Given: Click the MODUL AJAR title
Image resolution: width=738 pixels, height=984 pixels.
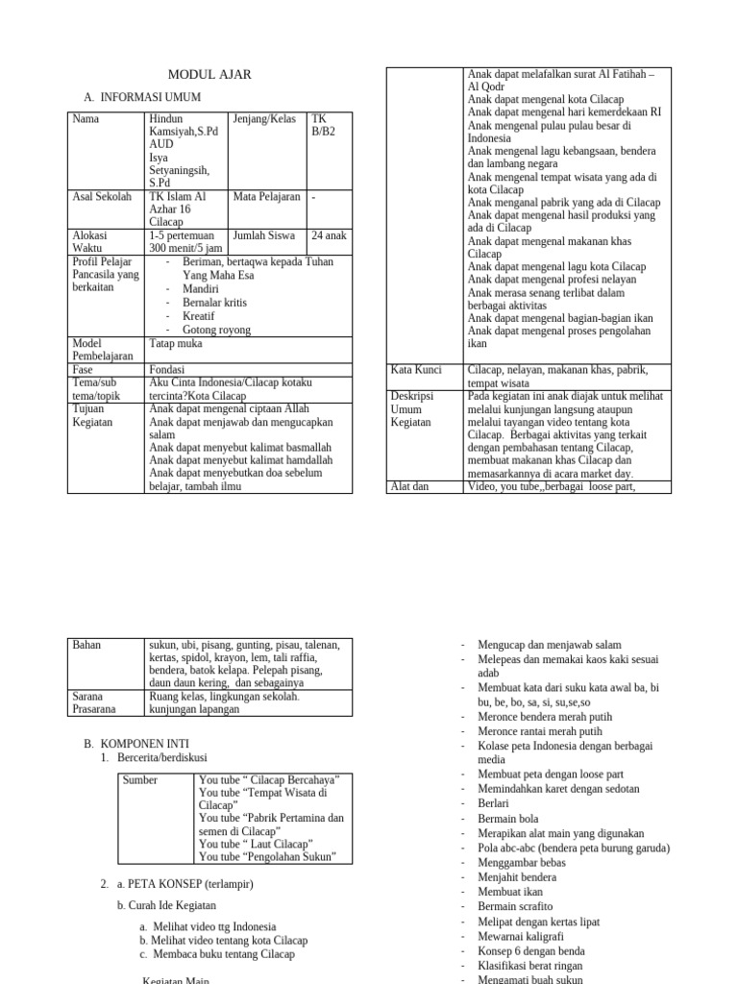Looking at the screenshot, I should [209, 75].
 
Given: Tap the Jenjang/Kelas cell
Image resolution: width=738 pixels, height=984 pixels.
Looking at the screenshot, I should [264, 119].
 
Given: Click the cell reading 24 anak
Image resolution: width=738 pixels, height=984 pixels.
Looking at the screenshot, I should [329, 234].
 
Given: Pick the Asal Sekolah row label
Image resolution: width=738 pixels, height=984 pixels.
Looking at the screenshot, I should [102, 196].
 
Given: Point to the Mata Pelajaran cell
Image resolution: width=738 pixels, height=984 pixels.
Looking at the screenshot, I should [266, 196].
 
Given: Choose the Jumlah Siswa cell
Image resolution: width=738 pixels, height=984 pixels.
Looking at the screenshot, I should [264, 234].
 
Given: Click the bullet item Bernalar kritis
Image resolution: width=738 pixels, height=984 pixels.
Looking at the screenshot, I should [216, 302].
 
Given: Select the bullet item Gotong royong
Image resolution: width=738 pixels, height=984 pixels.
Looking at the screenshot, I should [216, 330].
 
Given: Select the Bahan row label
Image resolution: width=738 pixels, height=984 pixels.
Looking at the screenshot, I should [87, 645].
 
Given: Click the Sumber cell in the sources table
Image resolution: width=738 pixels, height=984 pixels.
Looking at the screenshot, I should [140, 780].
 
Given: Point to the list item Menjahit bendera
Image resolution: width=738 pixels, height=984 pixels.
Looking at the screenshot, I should [517, 877].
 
